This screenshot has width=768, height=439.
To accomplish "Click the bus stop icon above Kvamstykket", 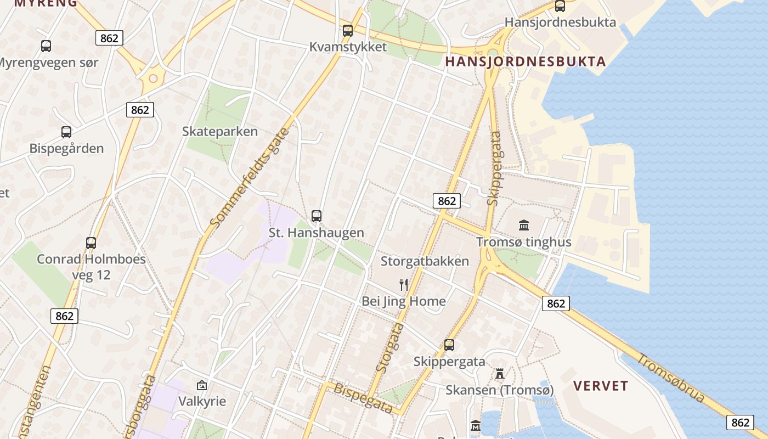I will point(348,31).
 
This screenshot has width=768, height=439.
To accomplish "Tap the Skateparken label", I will point(220,132).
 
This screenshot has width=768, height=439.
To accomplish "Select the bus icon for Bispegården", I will point(66,132).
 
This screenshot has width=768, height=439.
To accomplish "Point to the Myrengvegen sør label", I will point(48,63).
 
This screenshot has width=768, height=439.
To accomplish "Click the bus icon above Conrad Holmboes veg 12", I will point(91,243).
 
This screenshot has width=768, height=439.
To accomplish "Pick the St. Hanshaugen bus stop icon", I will point(317,216).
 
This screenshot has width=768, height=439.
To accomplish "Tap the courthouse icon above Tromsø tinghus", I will point(524,225).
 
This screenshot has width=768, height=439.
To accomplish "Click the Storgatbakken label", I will point(425,261).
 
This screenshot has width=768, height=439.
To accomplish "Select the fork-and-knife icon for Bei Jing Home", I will point(404,284).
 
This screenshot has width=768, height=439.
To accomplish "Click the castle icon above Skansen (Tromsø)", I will point(500,374).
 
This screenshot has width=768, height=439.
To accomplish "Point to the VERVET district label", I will point(601,386).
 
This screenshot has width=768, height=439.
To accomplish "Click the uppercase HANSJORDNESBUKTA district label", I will point(526,61).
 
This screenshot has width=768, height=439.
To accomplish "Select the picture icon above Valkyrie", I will point(202,385).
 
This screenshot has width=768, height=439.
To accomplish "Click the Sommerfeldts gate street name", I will point(250,178).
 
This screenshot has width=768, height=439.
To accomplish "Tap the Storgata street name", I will point(391,348).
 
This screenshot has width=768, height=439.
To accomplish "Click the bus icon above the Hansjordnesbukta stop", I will point(560,6).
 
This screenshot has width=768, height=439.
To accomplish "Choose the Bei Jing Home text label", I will point(404,301).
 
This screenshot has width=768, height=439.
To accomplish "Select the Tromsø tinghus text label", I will point(524,242).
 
